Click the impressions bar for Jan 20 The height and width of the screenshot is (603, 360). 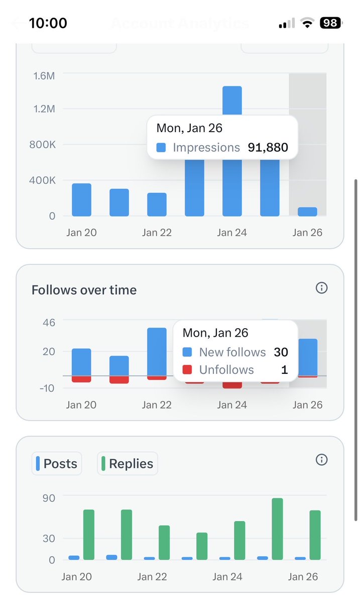pyautogui.click(x=81, y=200)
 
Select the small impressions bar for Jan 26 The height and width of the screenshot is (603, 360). pyautogui.click(x=307, y=212)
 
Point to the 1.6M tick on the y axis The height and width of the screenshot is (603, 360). pyautogui.click(x=44, y=75)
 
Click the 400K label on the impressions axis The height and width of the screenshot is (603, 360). pyautogui.click(x=43, y=180)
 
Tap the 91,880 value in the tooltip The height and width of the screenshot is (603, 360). pyautogui.click(x=268, y=147)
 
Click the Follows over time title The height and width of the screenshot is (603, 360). pyautogui.click(x=84, y=290)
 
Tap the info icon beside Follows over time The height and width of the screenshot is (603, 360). pyautogui.click(x=321, y=288)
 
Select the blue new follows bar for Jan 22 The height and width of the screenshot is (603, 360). pyautogui.click(x=157, y=352)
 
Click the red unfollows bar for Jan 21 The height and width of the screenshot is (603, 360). pyautogui.click(x=119, y=380)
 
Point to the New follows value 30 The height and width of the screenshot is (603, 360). pyautogui.click(x=281, y=352)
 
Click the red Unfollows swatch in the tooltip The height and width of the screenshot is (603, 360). pyautogui.click(x=187, y=370)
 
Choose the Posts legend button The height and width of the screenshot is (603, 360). pyautogui.click(x=57, y=463)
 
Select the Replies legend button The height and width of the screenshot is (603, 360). pyautogui.click(x=128, y=463)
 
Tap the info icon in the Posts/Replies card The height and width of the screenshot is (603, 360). pyautogui.click(x=321, y=459)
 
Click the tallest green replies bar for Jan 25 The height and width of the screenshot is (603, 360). pyautogui.click(x=277, y=529)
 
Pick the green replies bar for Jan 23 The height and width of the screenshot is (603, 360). pyautogui.click(x=202, y=546)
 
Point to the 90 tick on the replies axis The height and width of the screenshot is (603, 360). pyautogui.click(x=49, y=497)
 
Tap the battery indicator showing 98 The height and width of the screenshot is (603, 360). pyautogui.click(x=330, y=23)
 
